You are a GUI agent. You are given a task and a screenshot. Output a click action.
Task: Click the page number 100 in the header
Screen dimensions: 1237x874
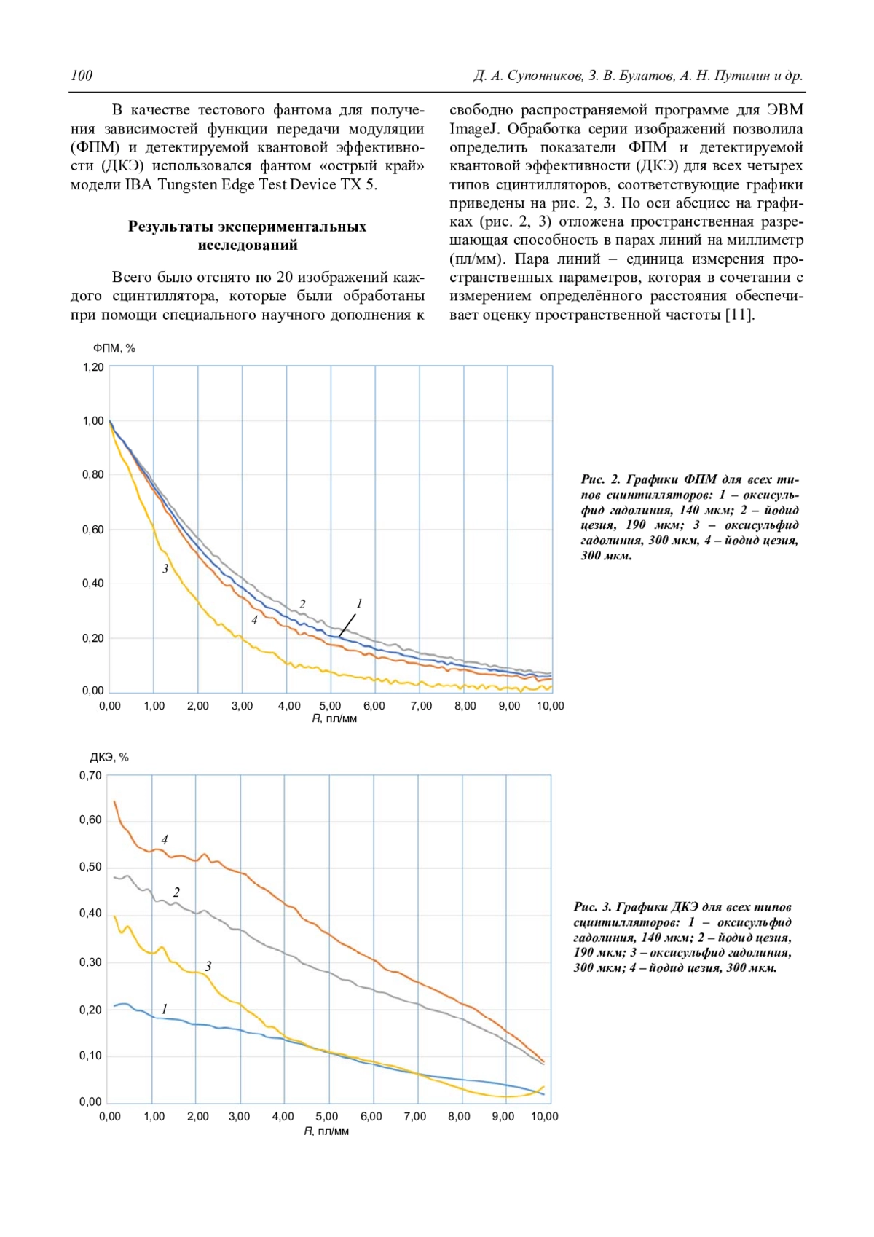point(82,76)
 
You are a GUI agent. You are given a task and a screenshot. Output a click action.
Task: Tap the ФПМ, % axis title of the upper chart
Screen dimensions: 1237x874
point(114,348)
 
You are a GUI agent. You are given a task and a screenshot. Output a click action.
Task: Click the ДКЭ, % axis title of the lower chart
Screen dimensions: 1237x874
point(109,758)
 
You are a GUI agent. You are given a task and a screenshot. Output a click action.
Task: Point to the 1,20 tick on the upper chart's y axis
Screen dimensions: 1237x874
point(93,367)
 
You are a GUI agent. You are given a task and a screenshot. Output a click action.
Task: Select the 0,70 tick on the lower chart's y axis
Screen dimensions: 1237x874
point(91,777)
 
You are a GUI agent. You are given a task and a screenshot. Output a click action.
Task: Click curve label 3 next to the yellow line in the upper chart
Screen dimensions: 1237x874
point(165,569)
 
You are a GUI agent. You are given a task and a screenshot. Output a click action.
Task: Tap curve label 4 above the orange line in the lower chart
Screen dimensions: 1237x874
point(165,840)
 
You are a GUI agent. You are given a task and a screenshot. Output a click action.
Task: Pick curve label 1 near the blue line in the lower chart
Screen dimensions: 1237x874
point(165,1009)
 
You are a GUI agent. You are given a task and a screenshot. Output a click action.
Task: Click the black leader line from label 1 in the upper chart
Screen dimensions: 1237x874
point(347,625)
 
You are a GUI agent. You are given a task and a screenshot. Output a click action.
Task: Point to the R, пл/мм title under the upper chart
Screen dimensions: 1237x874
point(334,718)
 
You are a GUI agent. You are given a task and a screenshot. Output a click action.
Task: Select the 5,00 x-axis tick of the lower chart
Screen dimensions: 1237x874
point(327,1116)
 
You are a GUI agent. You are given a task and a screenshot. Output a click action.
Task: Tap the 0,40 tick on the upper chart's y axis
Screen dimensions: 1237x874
point(93,584)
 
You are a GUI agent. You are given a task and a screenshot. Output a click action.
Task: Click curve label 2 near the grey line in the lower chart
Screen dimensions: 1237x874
point(176,892)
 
